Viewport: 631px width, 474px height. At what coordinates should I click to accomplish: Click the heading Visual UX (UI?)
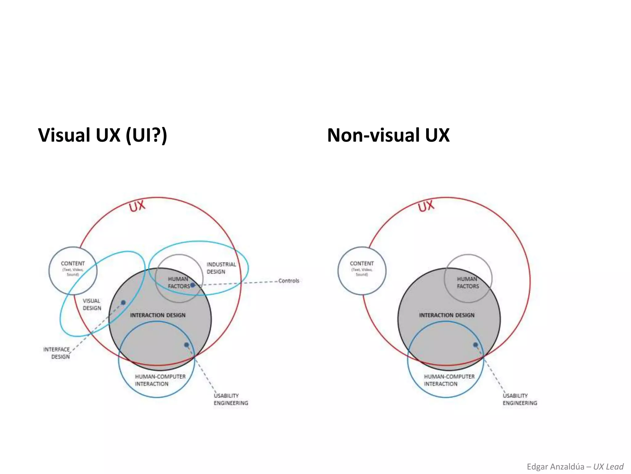coord(102,135)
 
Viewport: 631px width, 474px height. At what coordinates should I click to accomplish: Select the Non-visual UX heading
coord(388,135)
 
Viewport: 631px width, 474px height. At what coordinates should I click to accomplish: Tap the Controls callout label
coord(289,281)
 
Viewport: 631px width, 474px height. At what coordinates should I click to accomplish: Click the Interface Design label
coord(57,353)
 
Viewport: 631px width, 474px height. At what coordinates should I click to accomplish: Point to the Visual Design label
coord(92,304)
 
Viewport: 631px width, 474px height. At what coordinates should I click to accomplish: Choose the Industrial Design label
coord(221,268)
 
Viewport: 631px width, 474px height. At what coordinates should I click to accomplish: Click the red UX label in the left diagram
coord(137,206)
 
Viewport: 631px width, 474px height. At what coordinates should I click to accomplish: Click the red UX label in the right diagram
coord(426,206)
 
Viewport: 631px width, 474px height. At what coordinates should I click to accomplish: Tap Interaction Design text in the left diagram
coord(158,315)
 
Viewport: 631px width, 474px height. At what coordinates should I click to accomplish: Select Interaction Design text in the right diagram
coord(447,315)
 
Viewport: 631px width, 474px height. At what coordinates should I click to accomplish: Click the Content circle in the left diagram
coord(73,271)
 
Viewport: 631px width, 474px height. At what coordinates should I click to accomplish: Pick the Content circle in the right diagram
coord(362,271)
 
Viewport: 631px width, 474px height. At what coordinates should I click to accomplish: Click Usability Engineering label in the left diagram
coord(231,399)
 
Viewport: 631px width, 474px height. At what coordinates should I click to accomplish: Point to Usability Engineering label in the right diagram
coord(520,399)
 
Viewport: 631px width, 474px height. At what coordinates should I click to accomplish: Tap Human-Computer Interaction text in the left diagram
coord(160,380)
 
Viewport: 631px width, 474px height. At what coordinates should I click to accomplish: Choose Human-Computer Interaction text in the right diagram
coord(449,380)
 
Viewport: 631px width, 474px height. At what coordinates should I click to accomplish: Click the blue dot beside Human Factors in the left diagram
coord(193,285)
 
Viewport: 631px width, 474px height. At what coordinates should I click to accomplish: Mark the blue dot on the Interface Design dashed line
coord(123,302)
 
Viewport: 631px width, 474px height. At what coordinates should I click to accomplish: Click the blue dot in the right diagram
coord(475,345)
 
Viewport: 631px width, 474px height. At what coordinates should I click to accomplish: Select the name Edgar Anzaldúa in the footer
coord(555,467)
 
